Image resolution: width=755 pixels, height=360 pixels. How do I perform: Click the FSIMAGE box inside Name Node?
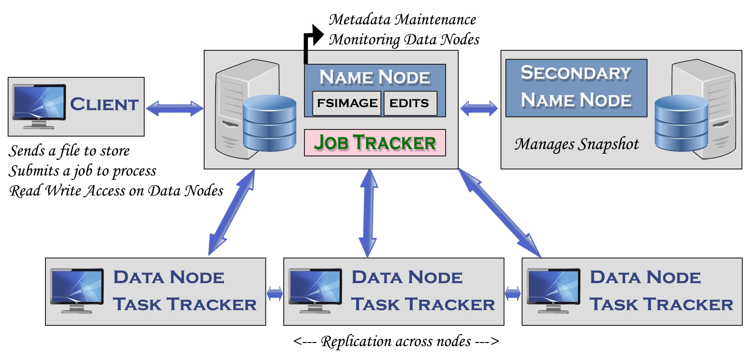347,103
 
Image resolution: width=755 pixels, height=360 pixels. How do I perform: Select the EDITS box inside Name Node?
410,103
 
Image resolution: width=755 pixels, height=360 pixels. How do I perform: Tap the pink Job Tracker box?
375,142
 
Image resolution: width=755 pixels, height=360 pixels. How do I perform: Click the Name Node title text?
375,77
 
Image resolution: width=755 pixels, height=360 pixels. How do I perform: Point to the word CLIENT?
104,104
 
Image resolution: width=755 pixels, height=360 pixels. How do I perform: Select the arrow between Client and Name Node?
174,108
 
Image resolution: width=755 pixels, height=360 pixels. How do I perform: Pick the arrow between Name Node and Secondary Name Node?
479,108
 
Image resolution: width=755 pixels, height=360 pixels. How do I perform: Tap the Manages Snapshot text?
576,144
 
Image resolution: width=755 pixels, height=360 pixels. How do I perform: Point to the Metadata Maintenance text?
402,20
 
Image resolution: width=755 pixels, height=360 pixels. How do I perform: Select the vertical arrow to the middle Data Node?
368,213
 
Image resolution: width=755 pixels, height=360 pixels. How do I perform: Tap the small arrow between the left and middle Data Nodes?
275,293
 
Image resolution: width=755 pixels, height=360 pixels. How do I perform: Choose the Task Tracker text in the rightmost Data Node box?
661,305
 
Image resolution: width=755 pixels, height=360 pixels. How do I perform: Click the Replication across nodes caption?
396,342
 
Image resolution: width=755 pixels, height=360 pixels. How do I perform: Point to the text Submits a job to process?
83,171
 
